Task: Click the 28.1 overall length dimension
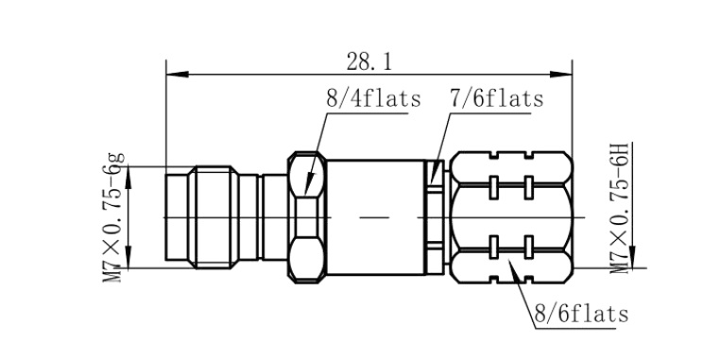[369, 62]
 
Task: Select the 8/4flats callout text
[373, 98]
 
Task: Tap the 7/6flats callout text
[497, 98]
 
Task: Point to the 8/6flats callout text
[581, 315]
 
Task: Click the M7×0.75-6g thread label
[113, 216]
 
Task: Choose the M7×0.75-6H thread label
[621, 208]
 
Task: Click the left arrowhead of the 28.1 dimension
[178, 74]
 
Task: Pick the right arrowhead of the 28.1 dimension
[560, 74]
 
